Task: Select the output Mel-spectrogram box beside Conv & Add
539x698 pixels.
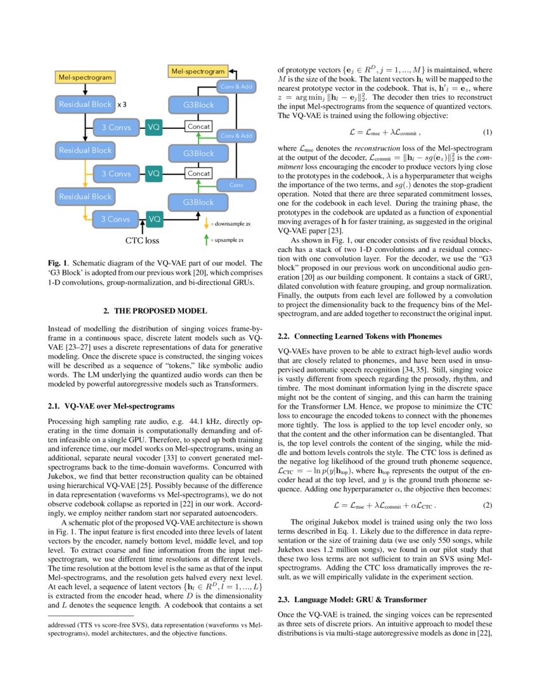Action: click(x=198, y=71)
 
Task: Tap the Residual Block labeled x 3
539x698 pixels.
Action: click(x=85, y=104)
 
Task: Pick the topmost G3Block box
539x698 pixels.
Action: click(x=198, y=105)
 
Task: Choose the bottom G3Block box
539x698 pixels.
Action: click(x=198, y=202)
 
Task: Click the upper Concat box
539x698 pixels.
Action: click(x=198, y=128)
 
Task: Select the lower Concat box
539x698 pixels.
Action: click(x=198, y=173)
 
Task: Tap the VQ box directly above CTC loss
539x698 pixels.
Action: click(x=154, y=219)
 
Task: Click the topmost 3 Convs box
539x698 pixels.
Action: click(x=117, y=128)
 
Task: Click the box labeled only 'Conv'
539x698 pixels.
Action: click(x=236, y=185)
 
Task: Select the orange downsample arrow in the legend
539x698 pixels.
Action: click(x=206, y=223)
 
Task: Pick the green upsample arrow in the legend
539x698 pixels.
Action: click(x=206, y=240)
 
